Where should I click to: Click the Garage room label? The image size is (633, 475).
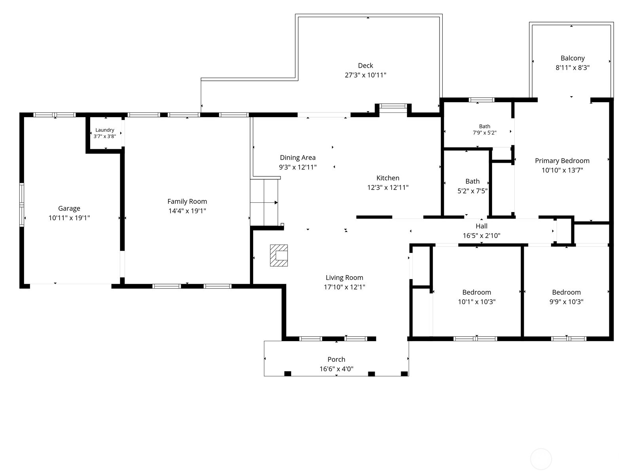69,208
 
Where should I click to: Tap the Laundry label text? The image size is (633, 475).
105,130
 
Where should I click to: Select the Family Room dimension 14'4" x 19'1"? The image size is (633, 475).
187,211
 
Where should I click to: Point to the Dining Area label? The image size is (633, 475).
298,158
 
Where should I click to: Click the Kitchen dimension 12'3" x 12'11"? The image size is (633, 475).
388,188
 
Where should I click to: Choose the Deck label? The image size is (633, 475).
366,65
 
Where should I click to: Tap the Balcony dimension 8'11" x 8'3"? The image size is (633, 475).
572,67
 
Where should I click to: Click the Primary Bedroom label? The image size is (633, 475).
562,161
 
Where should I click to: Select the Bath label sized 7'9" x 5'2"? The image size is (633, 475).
485,126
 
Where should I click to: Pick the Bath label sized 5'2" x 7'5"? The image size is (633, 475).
472,181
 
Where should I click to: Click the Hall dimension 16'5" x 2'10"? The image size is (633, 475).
481,236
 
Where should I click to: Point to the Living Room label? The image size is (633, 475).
344,277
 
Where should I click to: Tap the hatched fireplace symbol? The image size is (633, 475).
279,256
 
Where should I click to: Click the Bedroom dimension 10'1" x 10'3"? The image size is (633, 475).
477,302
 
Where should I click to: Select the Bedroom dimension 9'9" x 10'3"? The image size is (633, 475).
567,302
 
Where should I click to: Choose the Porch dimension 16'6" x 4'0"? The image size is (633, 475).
336,369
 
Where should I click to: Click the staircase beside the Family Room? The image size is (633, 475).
264,202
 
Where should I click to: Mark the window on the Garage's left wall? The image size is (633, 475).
22,205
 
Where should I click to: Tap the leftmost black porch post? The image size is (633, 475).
288,374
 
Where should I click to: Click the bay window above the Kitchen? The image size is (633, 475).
393,106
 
